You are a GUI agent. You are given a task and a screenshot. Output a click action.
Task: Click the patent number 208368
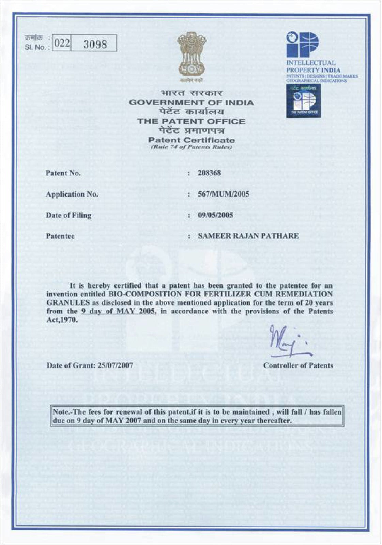coord(209,173)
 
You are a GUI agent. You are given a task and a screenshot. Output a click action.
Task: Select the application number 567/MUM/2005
coord(223,194)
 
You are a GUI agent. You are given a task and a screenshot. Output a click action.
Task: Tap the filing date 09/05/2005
coord(215,215)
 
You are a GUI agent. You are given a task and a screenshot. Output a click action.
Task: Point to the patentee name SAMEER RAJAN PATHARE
coord(248,236)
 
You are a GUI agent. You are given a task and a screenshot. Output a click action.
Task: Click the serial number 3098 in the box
coord(95,44)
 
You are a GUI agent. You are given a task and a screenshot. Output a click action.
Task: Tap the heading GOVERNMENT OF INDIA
coord(191,103)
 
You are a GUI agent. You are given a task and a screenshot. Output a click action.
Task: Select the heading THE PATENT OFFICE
coord(191,121)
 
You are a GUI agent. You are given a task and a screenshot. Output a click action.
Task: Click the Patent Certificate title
coord(191,140)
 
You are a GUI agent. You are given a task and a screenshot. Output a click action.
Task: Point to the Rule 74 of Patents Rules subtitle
coord(191,147)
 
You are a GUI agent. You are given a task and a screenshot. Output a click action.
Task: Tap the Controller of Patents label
coord(298,365)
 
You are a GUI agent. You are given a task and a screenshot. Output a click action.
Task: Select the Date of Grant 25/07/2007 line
coord(90,365)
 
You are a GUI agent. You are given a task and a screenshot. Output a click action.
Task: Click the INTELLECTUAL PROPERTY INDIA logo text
coord(313,66)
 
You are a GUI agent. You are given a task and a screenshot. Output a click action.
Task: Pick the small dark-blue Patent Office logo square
coord(303,101)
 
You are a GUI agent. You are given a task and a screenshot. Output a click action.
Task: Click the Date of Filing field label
coord(68,215)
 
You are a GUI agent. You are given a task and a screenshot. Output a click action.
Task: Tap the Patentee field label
coord(60,236)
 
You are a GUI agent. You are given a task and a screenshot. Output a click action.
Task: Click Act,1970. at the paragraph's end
coord(62,320)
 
